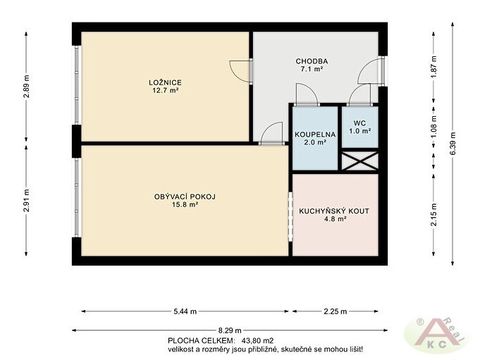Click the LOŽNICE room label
[x=166, y=82]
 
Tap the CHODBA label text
[x=312, y=61]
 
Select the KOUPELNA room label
[x=315, y=135]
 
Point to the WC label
[x=359, y=123]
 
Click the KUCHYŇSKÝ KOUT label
[x=334, y=211]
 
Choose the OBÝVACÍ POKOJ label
[x=185, y=197]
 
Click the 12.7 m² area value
[x=166, y=91]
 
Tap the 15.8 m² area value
[x=185, y=204]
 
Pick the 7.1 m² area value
[x=312, y=69]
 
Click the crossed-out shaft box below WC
[x=360, y=161]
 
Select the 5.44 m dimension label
[x=185, y=311]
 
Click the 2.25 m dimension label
[x=336, y=311]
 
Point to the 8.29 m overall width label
[x=230, y=330]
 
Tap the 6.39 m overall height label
[x=453, y=143]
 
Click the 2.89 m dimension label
[x=26, y=86]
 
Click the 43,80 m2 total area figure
[x=257, y=340]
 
